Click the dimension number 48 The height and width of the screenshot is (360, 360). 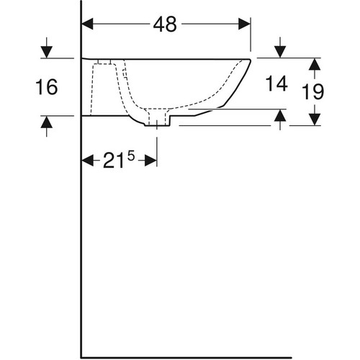coord(165,24)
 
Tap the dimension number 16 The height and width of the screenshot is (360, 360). coord(47,86)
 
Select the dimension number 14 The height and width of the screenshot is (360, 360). coord(276,84)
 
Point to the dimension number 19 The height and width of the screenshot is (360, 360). coord(312,91)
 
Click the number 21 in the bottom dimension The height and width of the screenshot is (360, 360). coord(114,161)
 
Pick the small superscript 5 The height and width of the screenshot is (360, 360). coord(131,157)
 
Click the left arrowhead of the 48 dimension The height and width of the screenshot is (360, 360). coord(88,24)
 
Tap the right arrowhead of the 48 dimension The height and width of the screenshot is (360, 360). coord(244,24)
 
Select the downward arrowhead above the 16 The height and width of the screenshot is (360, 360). coord(47,53)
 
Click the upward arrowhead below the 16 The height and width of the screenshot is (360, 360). coord(47,122)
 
